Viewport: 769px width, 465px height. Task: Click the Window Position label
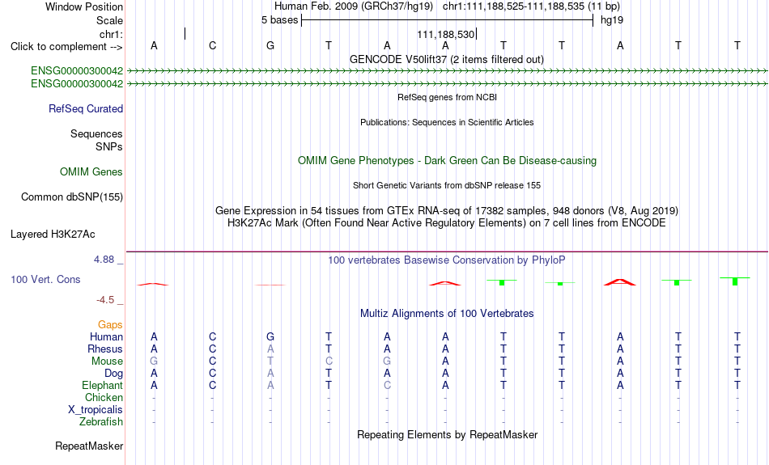pyautogui.click(x=84, y=6)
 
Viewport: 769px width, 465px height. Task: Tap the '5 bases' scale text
pyautogui.click(x=279, y=20)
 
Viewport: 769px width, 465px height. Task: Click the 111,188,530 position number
pyautogui.click(x=446, y=34)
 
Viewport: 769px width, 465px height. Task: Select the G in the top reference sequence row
pyautogui.click(x=270, y=45)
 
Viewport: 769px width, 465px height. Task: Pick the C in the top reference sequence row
pyautogui.click(x=212, y=45)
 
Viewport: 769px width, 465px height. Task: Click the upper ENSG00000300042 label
pyautogui.click(x=77, y=71)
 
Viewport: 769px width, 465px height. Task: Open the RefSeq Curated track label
pyautogui.click(x=86, y=109)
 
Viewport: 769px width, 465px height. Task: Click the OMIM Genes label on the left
pyautogui.click(x=91, y=172)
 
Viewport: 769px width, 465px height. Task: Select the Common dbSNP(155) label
pyautogui.click(x=72, y=197)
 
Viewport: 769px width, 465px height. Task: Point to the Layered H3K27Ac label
pyautogui.click(x=53, y=235)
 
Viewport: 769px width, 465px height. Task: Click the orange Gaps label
pyautogui.click(x=110, y=325)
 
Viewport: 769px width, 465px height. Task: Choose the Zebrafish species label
pyautogui.click(x=101, y=422)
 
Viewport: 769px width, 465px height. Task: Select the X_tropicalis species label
pyautogui.click(x=96, y=410)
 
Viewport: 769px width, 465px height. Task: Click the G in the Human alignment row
pyautogui.click(x=270, y=336)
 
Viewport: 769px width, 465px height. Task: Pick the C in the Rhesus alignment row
pyautogui.click(x=212, y=349)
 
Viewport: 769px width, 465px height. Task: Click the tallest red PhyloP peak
pyautogui.click(x=620, y=281)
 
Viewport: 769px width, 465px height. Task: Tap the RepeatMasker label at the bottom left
pyautogui.click(x=89, y=446)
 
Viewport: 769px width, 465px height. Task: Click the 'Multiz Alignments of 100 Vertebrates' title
pyautogui.click(x=447, y=314)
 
